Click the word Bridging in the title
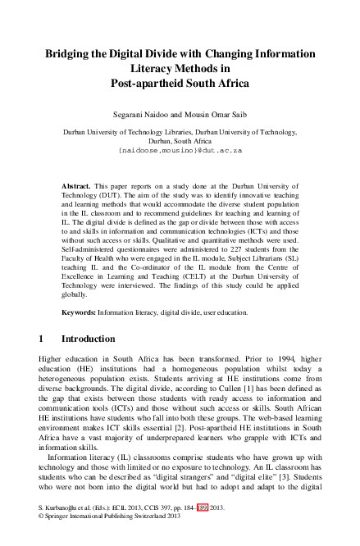(x=68, y=53)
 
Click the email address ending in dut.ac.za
(x=180, y=151)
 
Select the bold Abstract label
(x=78, y=187)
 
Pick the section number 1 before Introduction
(x=42, y=339)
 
